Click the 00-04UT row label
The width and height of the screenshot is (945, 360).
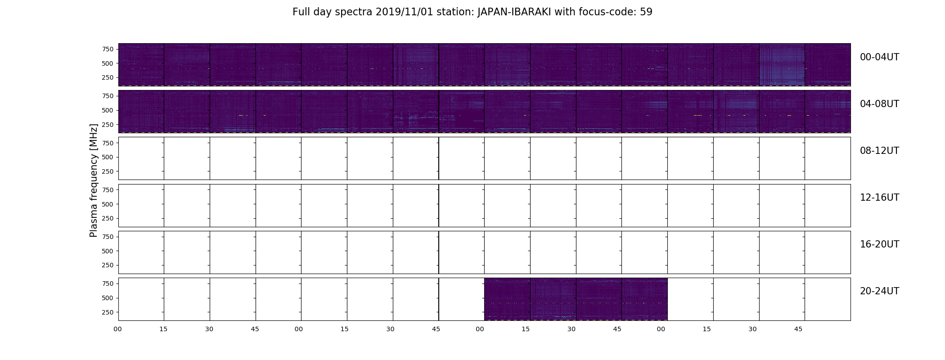pyautogui.click(x=879, y=57)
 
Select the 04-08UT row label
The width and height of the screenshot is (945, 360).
pyautogui.click(x=879, y=104)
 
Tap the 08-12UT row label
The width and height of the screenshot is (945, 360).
pyautogui.click(x=879, y=151)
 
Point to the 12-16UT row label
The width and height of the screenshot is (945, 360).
pyautogui.click(x=879, y=198)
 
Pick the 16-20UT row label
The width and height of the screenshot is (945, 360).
pyautogui.click(x=879, y=244)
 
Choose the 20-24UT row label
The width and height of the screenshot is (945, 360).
pyautogui.click(x=879, y=291)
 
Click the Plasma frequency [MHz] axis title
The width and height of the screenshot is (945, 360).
pyautogui.click(x=94, y=180)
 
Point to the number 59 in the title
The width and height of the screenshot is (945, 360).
pyautogui.click(x=646, y=12)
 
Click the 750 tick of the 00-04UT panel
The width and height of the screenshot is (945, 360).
pyautogui.click(x=108, y=49)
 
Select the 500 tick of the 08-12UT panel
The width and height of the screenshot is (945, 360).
pyautogui.click(x=108, y=157)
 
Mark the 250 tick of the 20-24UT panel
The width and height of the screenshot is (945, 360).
pyautogui.click(x=108, y=312)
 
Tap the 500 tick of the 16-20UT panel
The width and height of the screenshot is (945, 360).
pyautogui.click(x=108, y=251)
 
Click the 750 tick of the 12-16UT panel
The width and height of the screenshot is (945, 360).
pyautogui.click(x=108, y=190)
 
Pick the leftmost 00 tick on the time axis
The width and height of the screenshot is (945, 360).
pyautogui.click(x=117, y=329)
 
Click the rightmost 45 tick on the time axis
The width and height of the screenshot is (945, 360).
pyautogui.click(x=798, y=329)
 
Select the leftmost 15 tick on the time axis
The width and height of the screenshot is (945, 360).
pyautogui.click(x=163, y=329)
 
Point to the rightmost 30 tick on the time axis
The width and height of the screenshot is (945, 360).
pyautogui.click(x=752, y=329)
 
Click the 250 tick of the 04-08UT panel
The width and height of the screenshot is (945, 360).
pyautogui.click(x=108, y=125)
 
